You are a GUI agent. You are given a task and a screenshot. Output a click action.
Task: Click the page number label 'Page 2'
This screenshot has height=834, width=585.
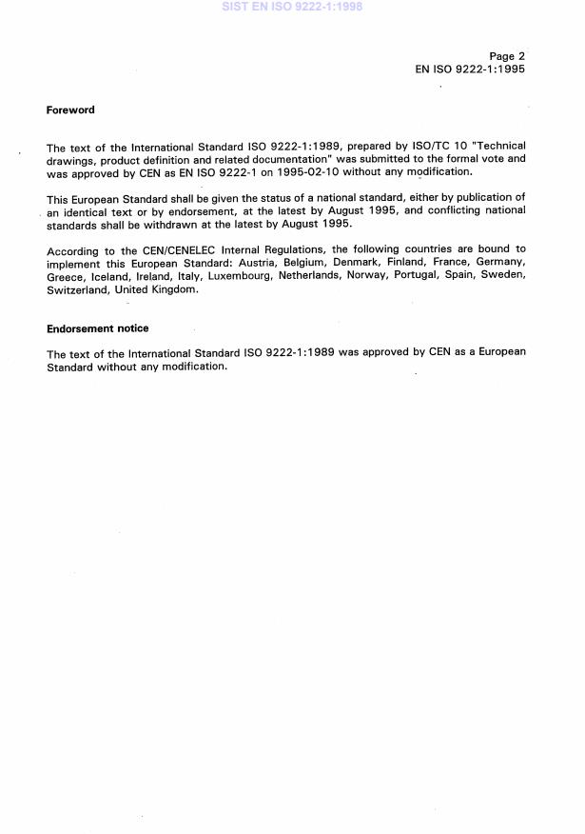pos(507,56)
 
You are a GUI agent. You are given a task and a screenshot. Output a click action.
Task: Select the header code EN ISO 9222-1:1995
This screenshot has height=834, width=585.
pos(470,69)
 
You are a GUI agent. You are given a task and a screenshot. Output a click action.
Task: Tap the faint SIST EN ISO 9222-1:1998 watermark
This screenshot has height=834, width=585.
pos(292,7)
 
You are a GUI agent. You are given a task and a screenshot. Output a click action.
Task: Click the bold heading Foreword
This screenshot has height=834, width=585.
pos(70,109)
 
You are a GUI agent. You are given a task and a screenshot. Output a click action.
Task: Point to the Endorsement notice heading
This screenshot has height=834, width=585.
pos(97,328)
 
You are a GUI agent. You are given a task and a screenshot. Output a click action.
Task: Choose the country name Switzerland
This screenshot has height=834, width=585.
pos(77,289)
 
